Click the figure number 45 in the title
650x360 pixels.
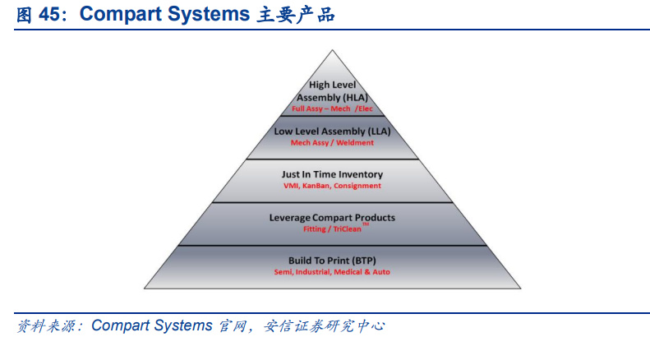[49, 14]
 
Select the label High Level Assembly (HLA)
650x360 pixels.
[333, 91]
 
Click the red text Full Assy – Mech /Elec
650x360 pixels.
[333, 108]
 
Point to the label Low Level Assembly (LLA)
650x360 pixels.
[333, 132]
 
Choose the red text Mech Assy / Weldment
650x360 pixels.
[332, 143]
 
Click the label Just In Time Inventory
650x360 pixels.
[333, 174]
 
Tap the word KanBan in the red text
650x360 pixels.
[316, 186]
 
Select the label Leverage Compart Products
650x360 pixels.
[333, 218]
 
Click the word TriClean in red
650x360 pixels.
[348, 229]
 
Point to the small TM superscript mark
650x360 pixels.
[365, 224]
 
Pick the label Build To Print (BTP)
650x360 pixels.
[333, 261]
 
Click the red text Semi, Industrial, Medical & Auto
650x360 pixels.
[332, 272]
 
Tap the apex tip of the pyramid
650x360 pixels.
[332, 50]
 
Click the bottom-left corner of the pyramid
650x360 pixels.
[145, 288]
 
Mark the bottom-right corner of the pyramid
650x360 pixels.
[521, 288]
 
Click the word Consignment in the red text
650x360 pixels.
[357, 186]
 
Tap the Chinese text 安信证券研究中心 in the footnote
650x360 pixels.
[324, 326]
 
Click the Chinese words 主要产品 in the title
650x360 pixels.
[296, 15]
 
